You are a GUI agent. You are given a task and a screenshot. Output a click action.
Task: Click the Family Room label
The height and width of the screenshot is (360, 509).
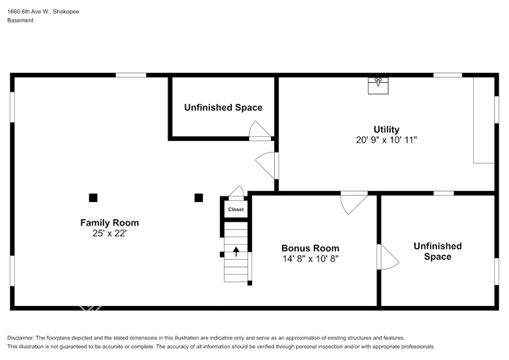click(110, 223)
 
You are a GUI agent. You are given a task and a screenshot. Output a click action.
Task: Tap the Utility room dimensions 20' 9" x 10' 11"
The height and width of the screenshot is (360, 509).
click(386, 140)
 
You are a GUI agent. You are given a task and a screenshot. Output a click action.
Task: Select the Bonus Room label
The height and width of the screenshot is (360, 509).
click(310, 248)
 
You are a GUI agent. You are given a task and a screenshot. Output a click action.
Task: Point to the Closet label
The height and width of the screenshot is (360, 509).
click(236, 210)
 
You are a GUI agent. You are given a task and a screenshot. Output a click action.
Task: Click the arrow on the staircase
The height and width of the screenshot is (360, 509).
click(236, 251)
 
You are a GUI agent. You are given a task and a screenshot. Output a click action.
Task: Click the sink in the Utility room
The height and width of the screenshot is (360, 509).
click(378, 85)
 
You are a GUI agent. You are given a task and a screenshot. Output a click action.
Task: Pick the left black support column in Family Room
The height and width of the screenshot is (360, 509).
click(93, 198)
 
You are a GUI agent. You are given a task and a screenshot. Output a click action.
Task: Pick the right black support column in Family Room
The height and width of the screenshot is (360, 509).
click(199, 198)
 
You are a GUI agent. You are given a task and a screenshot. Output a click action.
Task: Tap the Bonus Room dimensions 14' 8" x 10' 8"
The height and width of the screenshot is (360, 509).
click(311, 259)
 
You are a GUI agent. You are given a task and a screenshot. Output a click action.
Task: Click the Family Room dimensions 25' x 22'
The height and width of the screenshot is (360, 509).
click(110, 233)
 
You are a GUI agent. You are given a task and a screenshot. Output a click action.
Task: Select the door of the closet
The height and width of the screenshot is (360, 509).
click(236, 193)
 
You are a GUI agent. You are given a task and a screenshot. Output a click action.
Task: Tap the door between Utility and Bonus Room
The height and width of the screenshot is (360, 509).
click(354, 203)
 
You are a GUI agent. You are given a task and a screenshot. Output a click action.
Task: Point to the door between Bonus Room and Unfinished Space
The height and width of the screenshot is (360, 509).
click(388, 257)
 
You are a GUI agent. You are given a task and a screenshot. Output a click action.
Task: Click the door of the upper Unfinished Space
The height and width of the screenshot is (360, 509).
click(260, 131)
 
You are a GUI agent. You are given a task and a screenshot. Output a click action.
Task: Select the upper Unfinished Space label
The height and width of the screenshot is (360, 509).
click(223, 108)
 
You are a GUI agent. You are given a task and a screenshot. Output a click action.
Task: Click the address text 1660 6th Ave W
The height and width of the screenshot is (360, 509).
click(28, 12)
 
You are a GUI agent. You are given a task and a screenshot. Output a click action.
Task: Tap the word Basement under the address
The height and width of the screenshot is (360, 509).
click(20, 20)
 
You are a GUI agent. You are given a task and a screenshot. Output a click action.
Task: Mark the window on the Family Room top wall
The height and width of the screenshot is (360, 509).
click(131, 75)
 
